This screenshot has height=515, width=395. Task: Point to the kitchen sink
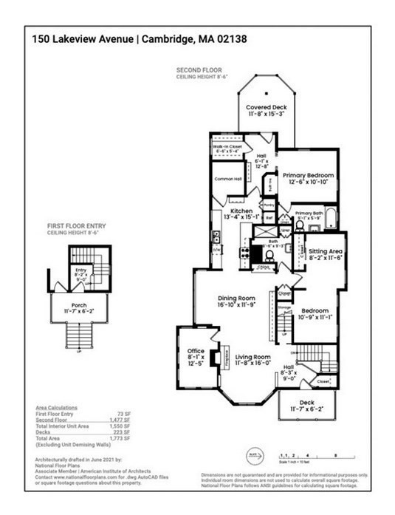(215, 238)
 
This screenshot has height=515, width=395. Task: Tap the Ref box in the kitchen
(269, 218)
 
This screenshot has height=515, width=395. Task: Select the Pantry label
(269, 204)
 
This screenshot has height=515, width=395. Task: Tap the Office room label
(195, 351)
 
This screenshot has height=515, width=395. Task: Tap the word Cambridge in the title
(161, 39)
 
